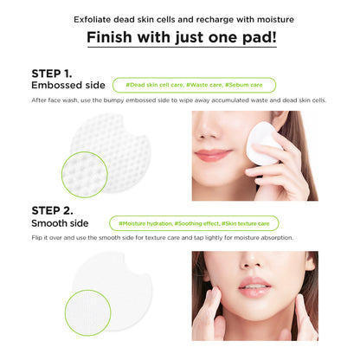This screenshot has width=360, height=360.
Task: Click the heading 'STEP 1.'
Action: [x=52, y=74]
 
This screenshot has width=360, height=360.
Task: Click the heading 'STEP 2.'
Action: [x=52, y=210]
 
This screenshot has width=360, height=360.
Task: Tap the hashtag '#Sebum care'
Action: [x=244, y=85]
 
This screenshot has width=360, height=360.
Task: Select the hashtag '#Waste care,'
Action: [x=204, y=85]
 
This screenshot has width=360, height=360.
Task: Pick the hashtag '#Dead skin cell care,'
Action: [x=155, y=85]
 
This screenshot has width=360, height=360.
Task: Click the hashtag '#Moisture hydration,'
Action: [x=145, y=223]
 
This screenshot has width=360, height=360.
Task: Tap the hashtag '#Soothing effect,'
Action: [x=196, y=223]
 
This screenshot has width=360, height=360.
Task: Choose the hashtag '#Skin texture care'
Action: [x=246, y=223]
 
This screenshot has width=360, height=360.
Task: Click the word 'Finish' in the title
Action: [x=109, y=37]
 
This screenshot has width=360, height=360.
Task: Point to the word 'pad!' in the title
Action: [x=260, y=38]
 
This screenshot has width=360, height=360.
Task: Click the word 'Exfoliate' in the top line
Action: [x=93, y=20]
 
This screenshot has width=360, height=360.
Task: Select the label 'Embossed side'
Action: [x=68, y=85]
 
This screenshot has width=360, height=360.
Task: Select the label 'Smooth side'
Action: [x=60, y=223]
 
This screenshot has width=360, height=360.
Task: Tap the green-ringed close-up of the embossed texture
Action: [x=85, y=175]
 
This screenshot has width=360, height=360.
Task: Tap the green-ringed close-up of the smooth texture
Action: [x=87, y=312]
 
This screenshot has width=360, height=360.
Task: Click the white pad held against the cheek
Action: [x=262, y=144]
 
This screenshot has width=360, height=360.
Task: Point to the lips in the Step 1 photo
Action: [x=213, y=155]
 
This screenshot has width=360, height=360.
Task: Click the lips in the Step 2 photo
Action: [x=254, y=286]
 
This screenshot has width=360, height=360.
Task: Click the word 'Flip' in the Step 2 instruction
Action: [x=37, y=238]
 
